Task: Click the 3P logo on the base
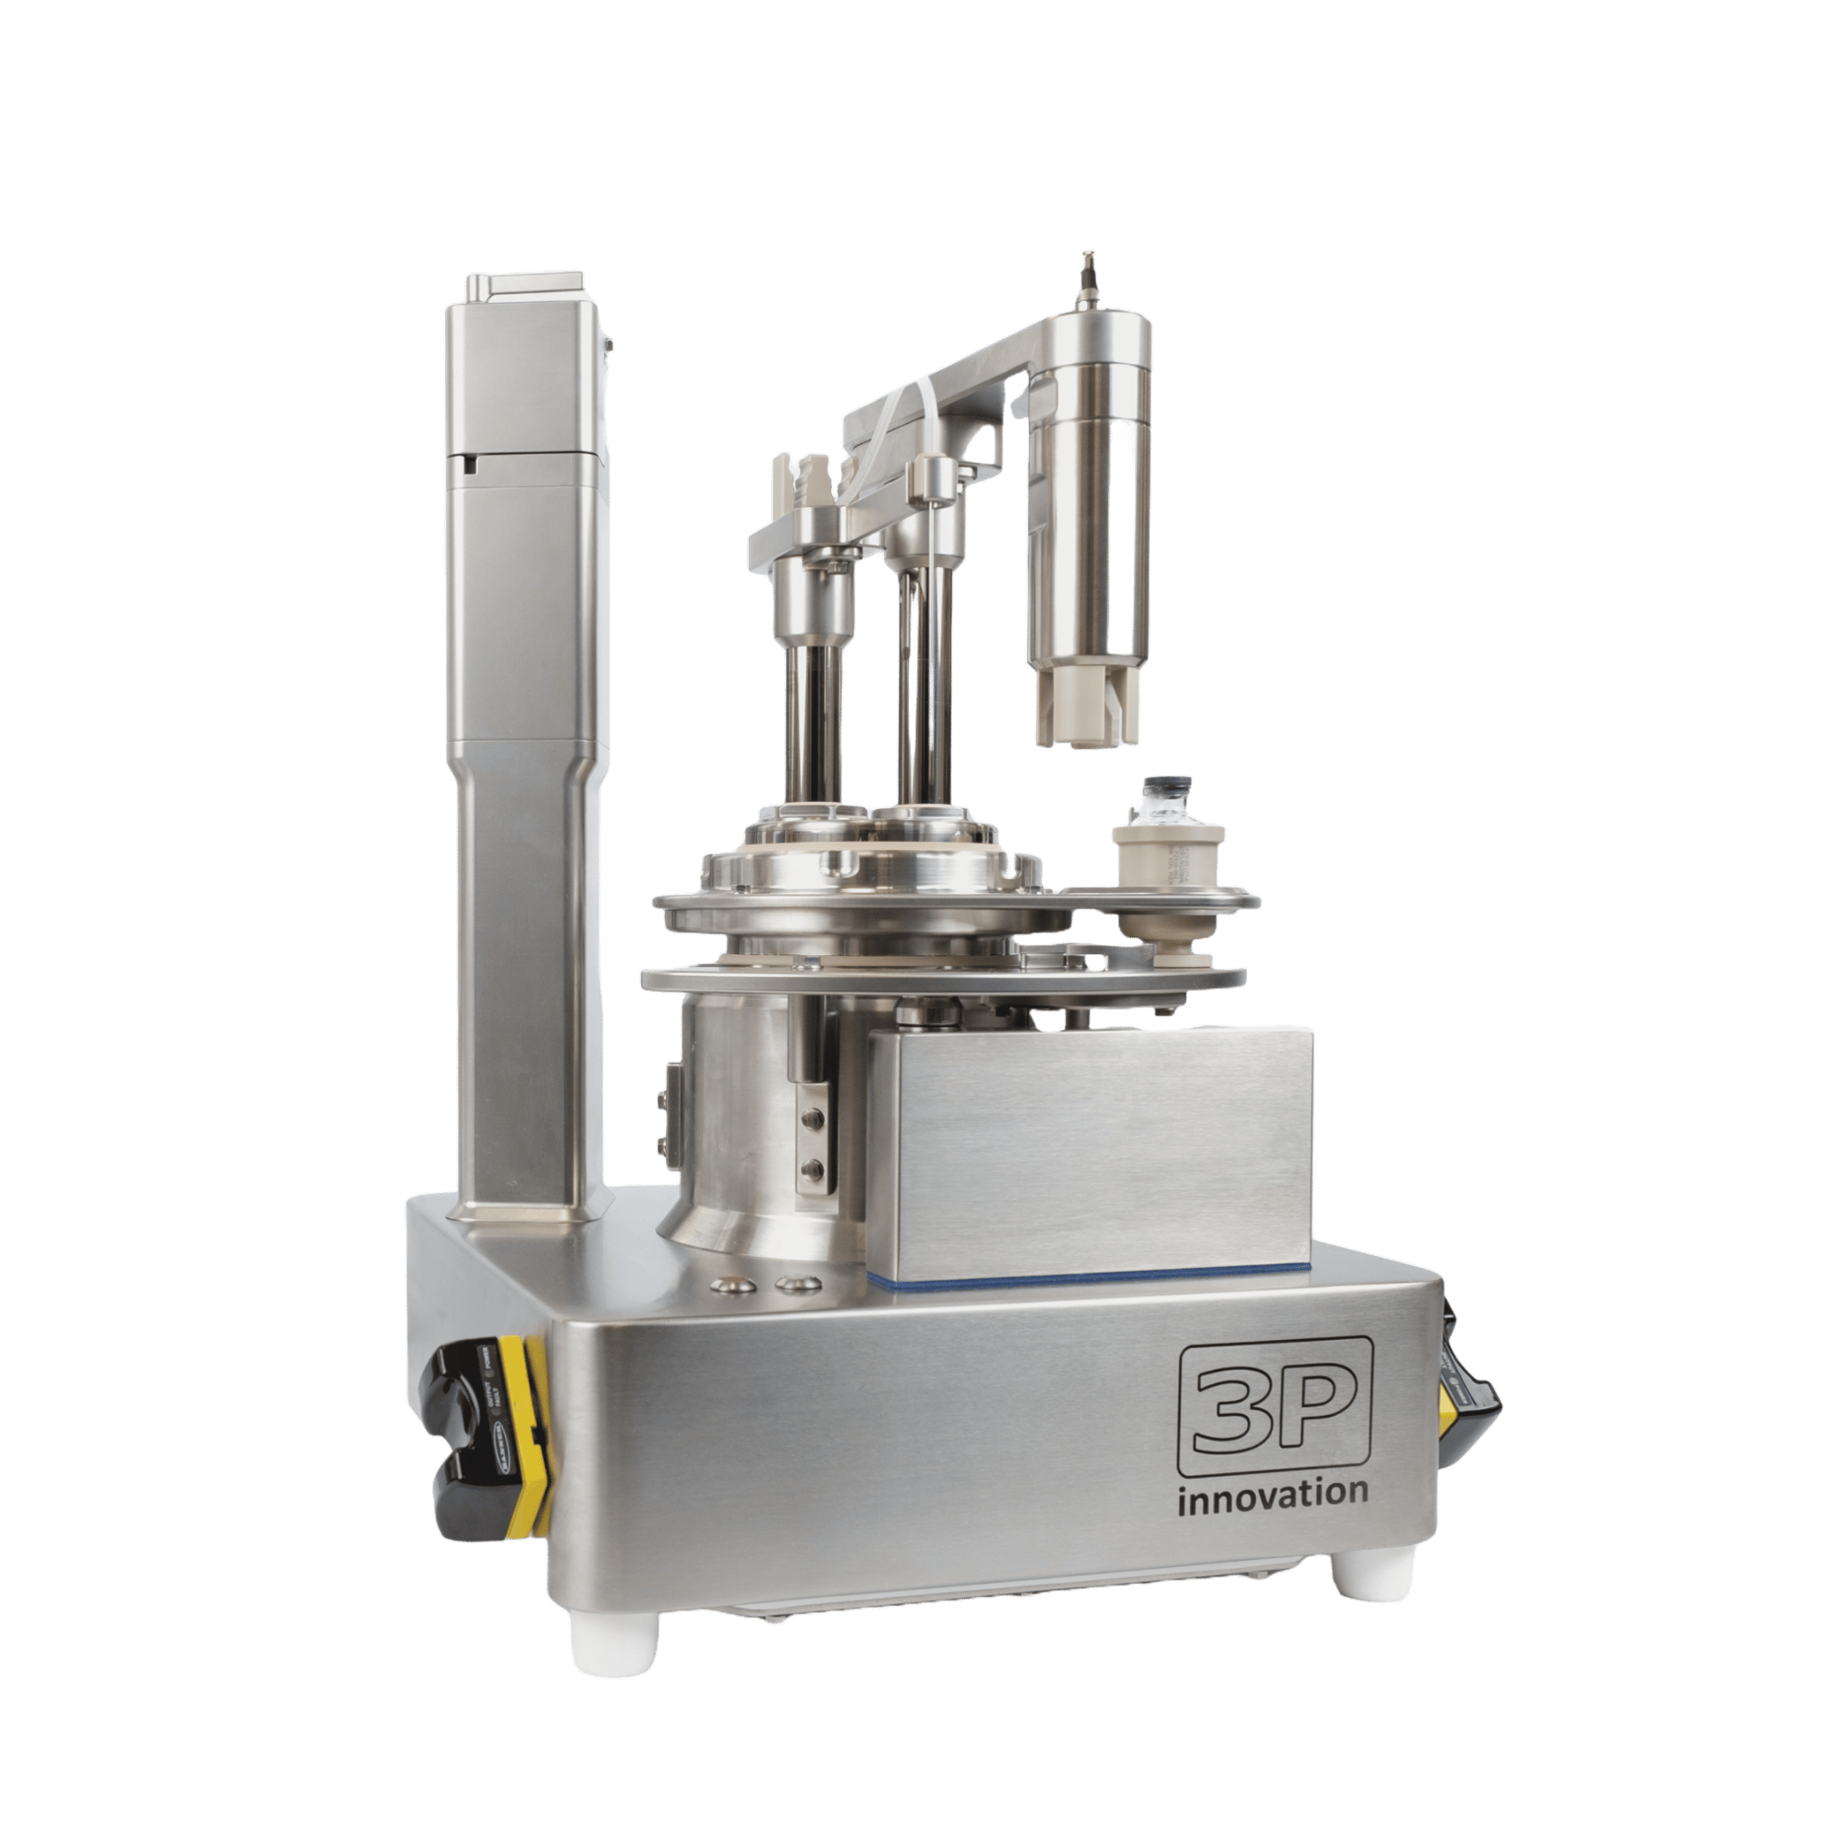coord(1275,1406)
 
